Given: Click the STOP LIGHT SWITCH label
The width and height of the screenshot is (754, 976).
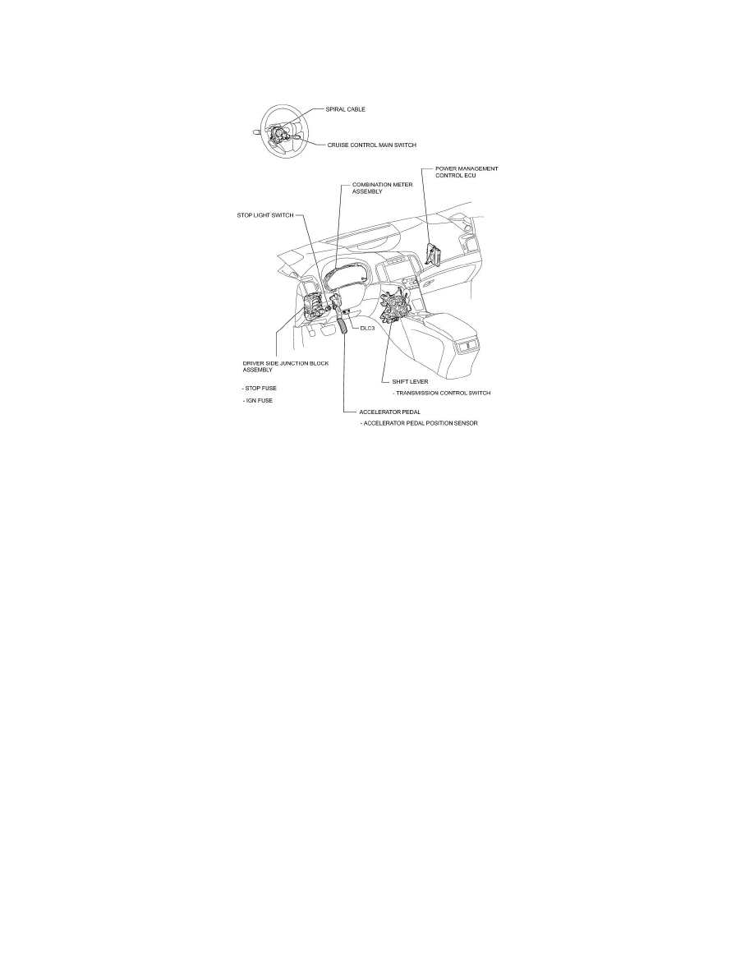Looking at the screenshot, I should pyautogui.click(x=260, y=216).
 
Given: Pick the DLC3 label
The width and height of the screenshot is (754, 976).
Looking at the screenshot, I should pyautogui.click(x=368, y=327).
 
